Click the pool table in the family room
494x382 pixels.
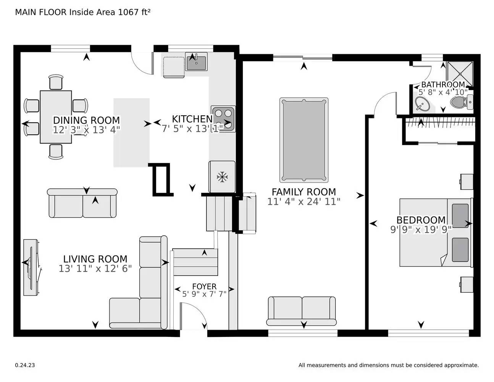[304, 140]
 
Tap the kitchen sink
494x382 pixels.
[196, 62]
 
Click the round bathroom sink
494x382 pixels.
[422, 103]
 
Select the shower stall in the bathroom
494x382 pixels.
[460, 73]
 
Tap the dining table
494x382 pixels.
[56, 117]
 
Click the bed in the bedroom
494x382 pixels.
[435, 232]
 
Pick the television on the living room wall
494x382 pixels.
[31, 267]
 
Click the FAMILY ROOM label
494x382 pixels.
[304, 192]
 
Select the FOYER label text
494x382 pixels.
[204, 286]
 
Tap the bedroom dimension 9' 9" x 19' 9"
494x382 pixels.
[421, 230]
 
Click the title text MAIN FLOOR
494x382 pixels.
[41, 12]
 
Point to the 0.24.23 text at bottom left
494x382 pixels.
[25, 365]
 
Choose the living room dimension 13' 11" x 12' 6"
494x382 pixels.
[95, 269]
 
